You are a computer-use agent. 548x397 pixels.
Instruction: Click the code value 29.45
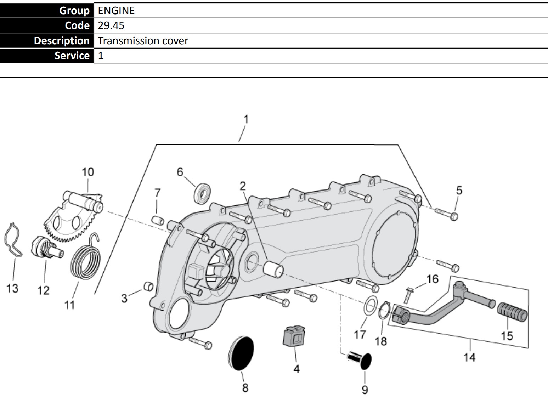(x=111, y=25)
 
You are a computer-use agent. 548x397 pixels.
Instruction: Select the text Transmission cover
(x=143, y=41)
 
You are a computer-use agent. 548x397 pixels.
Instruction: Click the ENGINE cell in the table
(x=116, y=11)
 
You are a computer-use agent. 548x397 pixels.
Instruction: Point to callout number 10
(x=88, y=172)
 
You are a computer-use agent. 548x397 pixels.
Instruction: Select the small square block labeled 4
(x=294, y=335)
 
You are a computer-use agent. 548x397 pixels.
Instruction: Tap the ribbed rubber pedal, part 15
(x=513, y=312)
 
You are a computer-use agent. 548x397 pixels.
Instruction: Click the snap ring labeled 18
(x=384, y=311)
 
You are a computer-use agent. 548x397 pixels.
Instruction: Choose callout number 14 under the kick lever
(x=469, y=357)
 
